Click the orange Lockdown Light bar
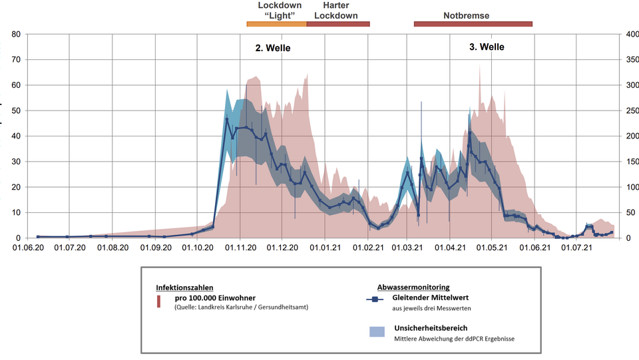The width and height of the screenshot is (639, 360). click(x=276, y=24)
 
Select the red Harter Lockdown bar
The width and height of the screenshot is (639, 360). click(x=337, y=24)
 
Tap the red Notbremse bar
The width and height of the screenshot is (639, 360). click(x=473, y=24)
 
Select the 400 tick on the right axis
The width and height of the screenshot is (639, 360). click(x=629, y=34)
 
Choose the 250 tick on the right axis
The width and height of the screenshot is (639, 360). click(x=629, y=110)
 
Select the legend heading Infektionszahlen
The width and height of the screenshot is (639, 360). click(x=184, y=287)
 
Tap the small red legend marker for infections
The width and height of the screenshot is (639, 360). click(x=158, y=302)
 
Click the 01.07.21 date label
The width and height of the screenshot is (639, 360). click(x=577, y=248)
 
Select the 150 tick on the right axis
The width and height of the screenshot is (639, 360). click(x=629, y=162)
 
